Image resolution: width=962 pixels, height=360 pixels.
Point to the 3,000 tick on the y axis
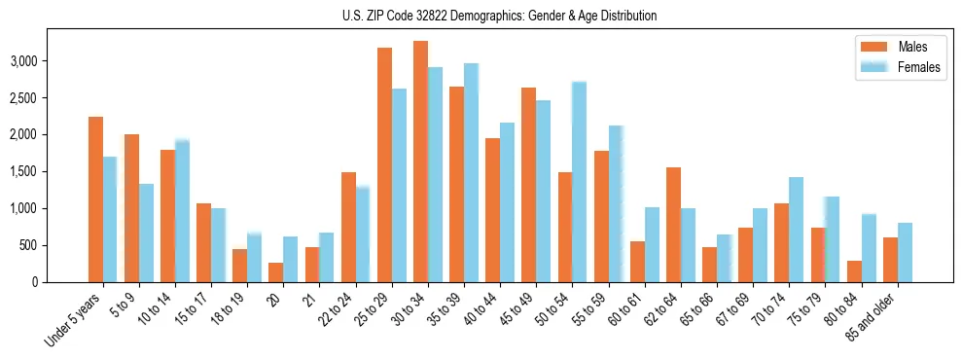(x=23, y=61)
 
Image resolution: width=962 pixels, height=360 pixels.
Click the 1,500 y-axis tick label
(x=23, y=172)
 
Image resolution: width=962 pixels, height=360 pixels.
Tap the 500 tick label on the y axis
(x=29, y=245)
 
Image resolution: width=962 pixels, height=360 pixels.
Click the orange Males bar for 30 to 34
(x=420, y=162)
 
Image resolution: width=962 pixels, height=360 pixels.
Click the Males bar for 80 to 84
(x=854, y=271)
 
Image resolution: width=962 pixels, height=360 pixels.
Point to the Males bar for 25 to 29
(x=384, y=164)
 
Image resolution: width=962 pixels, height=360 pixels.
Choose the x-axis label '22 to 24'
(x=339, y=310)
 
